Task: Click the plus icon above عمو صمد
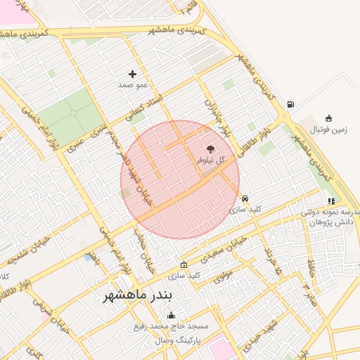pos(132,74)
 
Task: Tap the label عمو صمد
pos(132,85)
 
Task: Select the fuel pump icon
pos(290,105)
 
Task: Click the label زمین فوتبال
pos(329,129)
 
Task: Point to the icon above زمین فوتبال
pos(328,118)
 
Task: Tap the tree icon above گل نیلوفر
pos(210,148)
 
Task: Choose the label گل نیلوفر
pos(211,160)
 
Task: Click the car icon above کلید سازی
pos(245,198)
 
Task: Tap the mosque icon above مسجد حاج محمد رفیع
pos(171,316)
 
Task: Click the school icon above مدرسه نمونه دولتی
pos(331,201)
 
